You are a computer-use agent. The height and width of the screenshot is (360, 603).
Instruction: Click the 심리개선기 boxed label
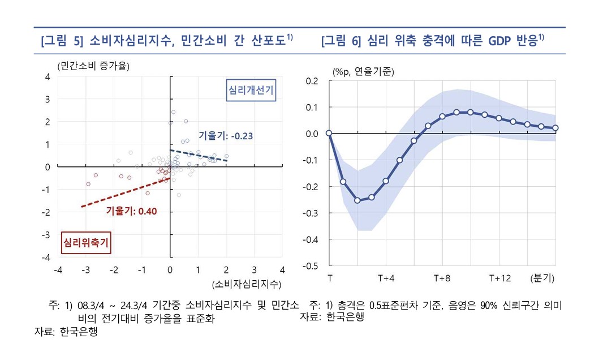[251, 91]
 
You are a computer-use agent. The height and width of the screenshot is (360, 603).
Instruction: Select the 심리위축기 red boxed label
[85, 243]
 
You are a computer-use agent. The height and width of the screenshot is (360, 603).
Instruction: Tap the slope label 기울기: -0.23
[225, 136]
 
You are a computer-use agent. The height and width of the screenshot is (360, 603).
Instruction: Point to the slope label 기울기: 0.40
[131, 211]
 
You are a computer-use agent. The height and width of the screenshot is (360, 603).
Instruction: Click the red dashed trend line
[124, 193]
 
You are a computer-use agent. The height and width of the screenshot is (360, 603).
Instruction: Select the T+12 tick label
[500, 278]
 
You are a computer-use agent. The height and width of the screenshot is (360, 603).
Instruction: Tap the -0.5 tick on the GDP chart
[311, 265]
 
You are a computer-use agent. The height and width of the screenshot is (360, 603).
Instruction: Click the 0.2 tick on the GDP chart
[312, 81]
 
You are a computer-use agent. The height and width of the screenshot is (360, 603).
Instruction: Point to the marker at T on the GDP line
[329, 134]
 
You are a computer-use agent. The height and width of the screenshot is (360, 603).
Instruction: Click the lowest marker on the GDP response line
[358, 200]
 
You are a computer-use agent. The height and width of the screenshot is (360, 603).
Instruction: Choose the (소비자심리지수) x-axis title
[246, 284]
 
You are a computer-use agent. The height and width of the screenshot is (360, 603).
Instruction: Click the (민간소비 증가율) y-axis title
[93, 66]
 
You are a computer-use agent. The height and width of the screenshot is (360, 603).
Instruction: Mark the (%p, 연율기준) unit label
[363, 71]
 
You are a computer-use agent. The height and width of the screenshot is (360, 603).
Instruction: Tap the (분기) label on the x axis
[542, 278]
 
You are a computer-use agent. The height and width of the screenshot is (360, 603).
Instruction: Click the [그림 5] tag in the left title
[62, 41]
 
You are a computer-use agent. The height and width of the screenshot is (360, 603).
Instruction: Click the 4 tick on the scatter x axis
[282, 270]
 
